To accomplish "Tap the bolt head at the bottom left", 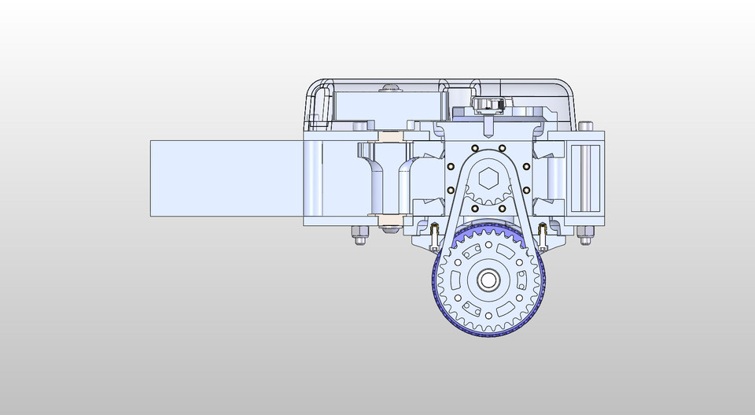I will [x=357, y=234].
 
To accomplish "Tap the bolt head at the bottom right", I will [x=586, y=234].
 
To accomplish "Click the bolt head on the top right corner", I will [x=586, y=125].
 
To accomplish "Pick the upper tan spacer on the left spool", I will [x=391, y=136].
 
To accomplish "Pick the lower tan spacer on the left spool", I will [x=391, y=220].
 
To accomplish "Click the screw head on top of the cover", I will [x=389, y=89].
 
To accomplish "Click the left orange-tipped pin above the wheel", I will [x=433, y=232].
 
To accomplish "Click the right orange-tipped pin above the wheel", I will [x=542, y=232].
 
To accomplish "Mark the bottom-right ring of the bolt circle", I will [x=502, y=209].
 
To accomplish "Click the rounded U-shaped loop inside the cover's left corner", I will [x=319, y=106].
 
